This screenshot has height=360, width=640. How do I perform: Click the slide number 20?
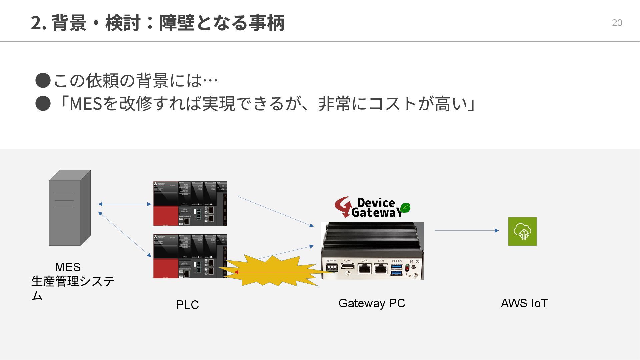617,23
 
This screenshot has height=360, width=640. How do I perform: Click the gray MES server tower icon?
70,208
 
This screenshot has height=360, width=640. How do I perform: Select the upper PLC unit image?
190,203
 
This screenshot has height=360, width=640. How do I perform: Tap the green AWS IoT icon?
522,231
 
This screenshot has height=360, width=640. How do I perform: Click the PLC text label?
187,305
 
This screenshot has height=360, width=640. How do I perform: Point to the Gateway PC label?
372,303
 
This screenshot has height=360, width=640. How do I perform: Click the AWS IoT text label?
524,303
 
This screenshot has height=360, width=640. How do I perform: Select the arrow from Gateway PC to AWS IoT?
467,230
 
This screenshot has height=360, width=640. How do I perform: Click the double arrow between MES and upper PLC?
125,204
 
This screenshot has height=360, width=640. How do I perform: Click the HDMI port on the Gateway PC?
347,266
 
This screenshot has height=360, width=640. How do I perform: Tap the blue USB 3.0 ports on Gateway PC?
396,269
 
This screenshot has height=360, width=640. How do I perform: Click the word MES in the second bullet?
85,103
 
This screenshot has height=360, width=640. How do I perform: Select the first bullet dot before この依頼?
43,81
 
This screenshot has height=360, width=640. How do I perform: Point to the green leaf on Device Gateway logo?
405,208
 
